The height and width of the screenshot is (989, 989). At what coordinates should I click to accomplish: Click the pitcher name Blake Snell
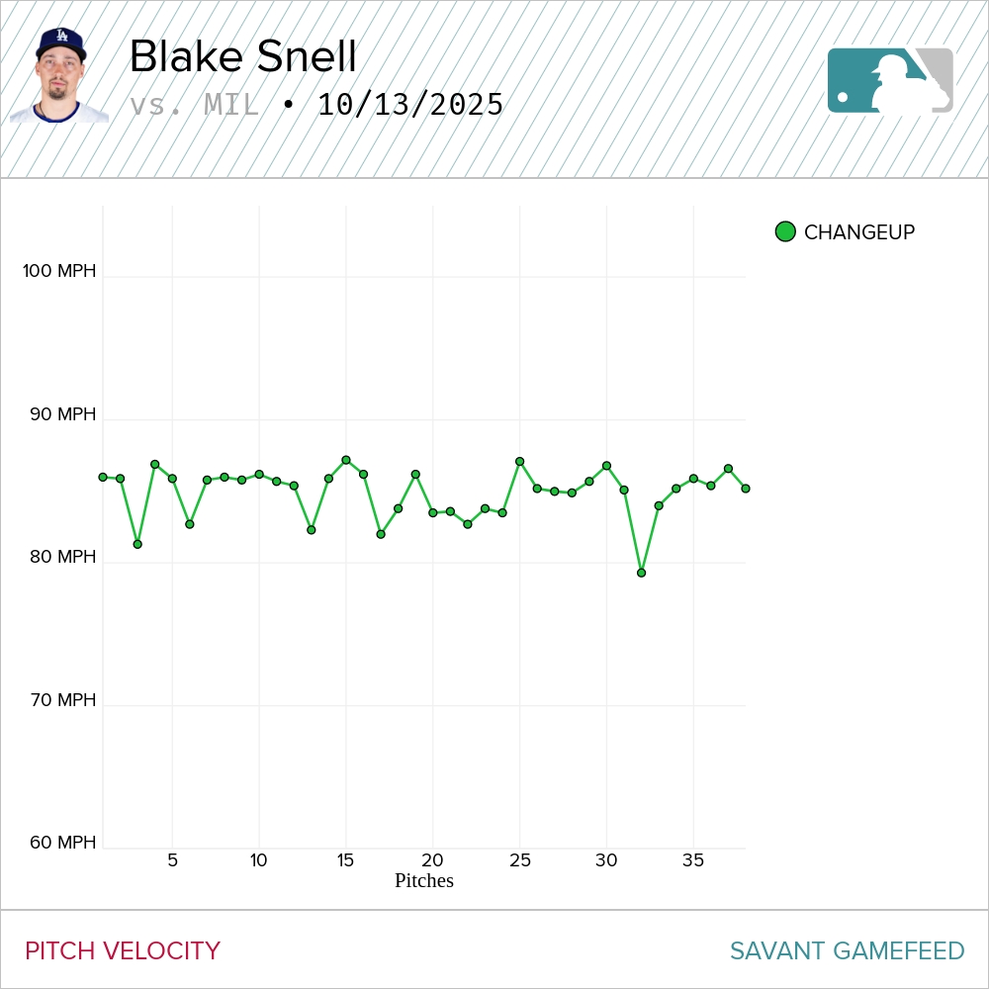tap(242, 56)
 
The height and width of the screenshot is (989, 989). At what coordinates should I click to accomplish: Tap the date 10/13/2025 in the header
tap(410, 105)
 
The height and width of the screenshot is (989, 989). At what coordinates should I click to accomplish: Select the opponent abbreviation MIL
tap(231, 105)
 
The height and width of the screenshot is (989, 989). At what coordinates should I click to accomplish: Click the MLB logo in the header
tap(890, 80)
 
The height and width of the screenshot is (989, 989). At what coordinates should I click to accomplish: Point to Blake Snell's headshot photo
tap(59, 76)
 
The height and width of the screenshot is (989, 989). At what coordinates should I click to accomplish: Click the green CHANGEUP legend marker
tap(785, 232)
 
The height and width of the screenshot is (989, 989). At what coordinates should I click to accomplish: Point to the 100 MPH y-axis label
tap(60, 271)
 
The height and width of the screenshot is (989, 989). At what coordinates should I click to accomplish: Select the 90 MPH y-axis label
tap(63, 414)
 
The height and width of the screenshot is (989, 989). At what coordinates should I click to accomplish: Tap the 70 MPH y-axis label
tap(63, 700)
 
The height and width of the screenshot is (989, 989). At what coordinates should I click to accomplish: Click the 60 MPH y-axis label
tap(63, 843)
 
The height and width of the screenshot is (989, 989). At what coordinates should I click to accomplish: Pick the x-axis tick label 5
tap(172, 860)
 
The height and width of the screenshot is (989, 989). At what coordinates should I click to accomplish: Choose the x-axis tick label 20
tap(432, 860)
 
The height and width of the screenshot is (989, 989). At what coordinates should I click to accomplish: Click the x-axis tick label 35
tap(693, 860)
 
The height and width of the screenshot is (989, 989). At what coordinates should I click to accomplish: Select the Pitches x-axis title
tap(424, 880)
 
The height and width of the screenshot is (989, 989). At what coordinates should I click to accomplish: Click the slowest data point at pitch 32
tap(641, 573)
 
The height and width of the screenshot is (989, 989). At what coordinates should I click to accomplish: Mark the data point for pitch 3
tap(137, 544)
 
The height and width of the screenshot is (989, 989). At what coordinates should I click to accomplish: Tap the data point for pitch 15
tap(346, 460)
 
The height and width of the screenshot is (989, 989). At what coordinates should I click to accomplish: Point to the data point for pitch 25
tap(519, 462)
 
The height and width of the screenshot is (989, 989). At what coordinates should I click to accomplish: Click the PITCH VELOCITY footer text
tap(123, 951)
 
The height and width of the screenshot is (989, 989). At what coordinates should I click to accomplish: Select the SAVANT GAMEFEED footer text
tap(847, 951)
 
